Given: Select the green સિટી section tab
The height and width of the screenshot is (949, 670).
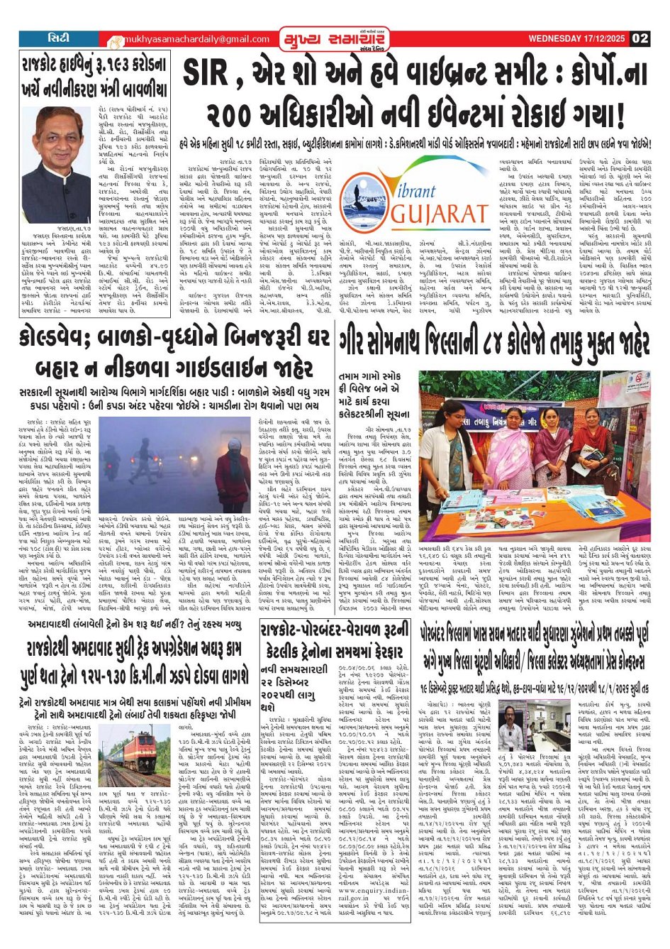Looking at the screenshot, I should point(59,38).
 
